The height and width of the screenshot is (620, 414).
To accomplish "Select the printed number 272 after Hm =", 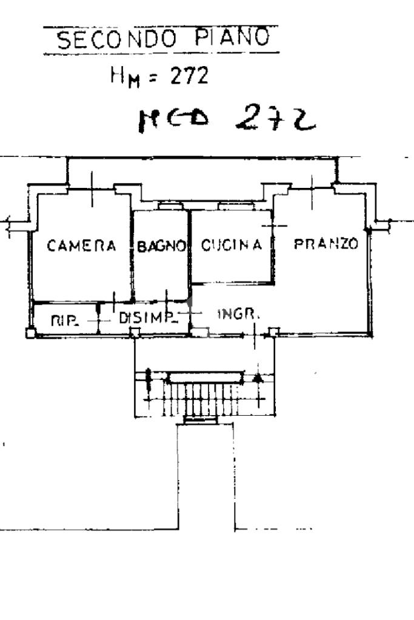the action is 189,76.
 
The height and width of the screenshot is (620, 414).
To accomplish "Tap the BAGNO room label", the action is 161,246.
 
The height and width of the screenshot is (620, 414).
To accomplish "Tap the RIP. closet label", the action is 64,321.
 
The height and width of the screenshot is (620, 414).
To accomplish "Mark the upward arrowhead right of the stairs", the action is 258,378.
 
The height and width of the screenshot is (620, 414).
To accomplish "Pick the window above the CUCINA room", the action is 234,206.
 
